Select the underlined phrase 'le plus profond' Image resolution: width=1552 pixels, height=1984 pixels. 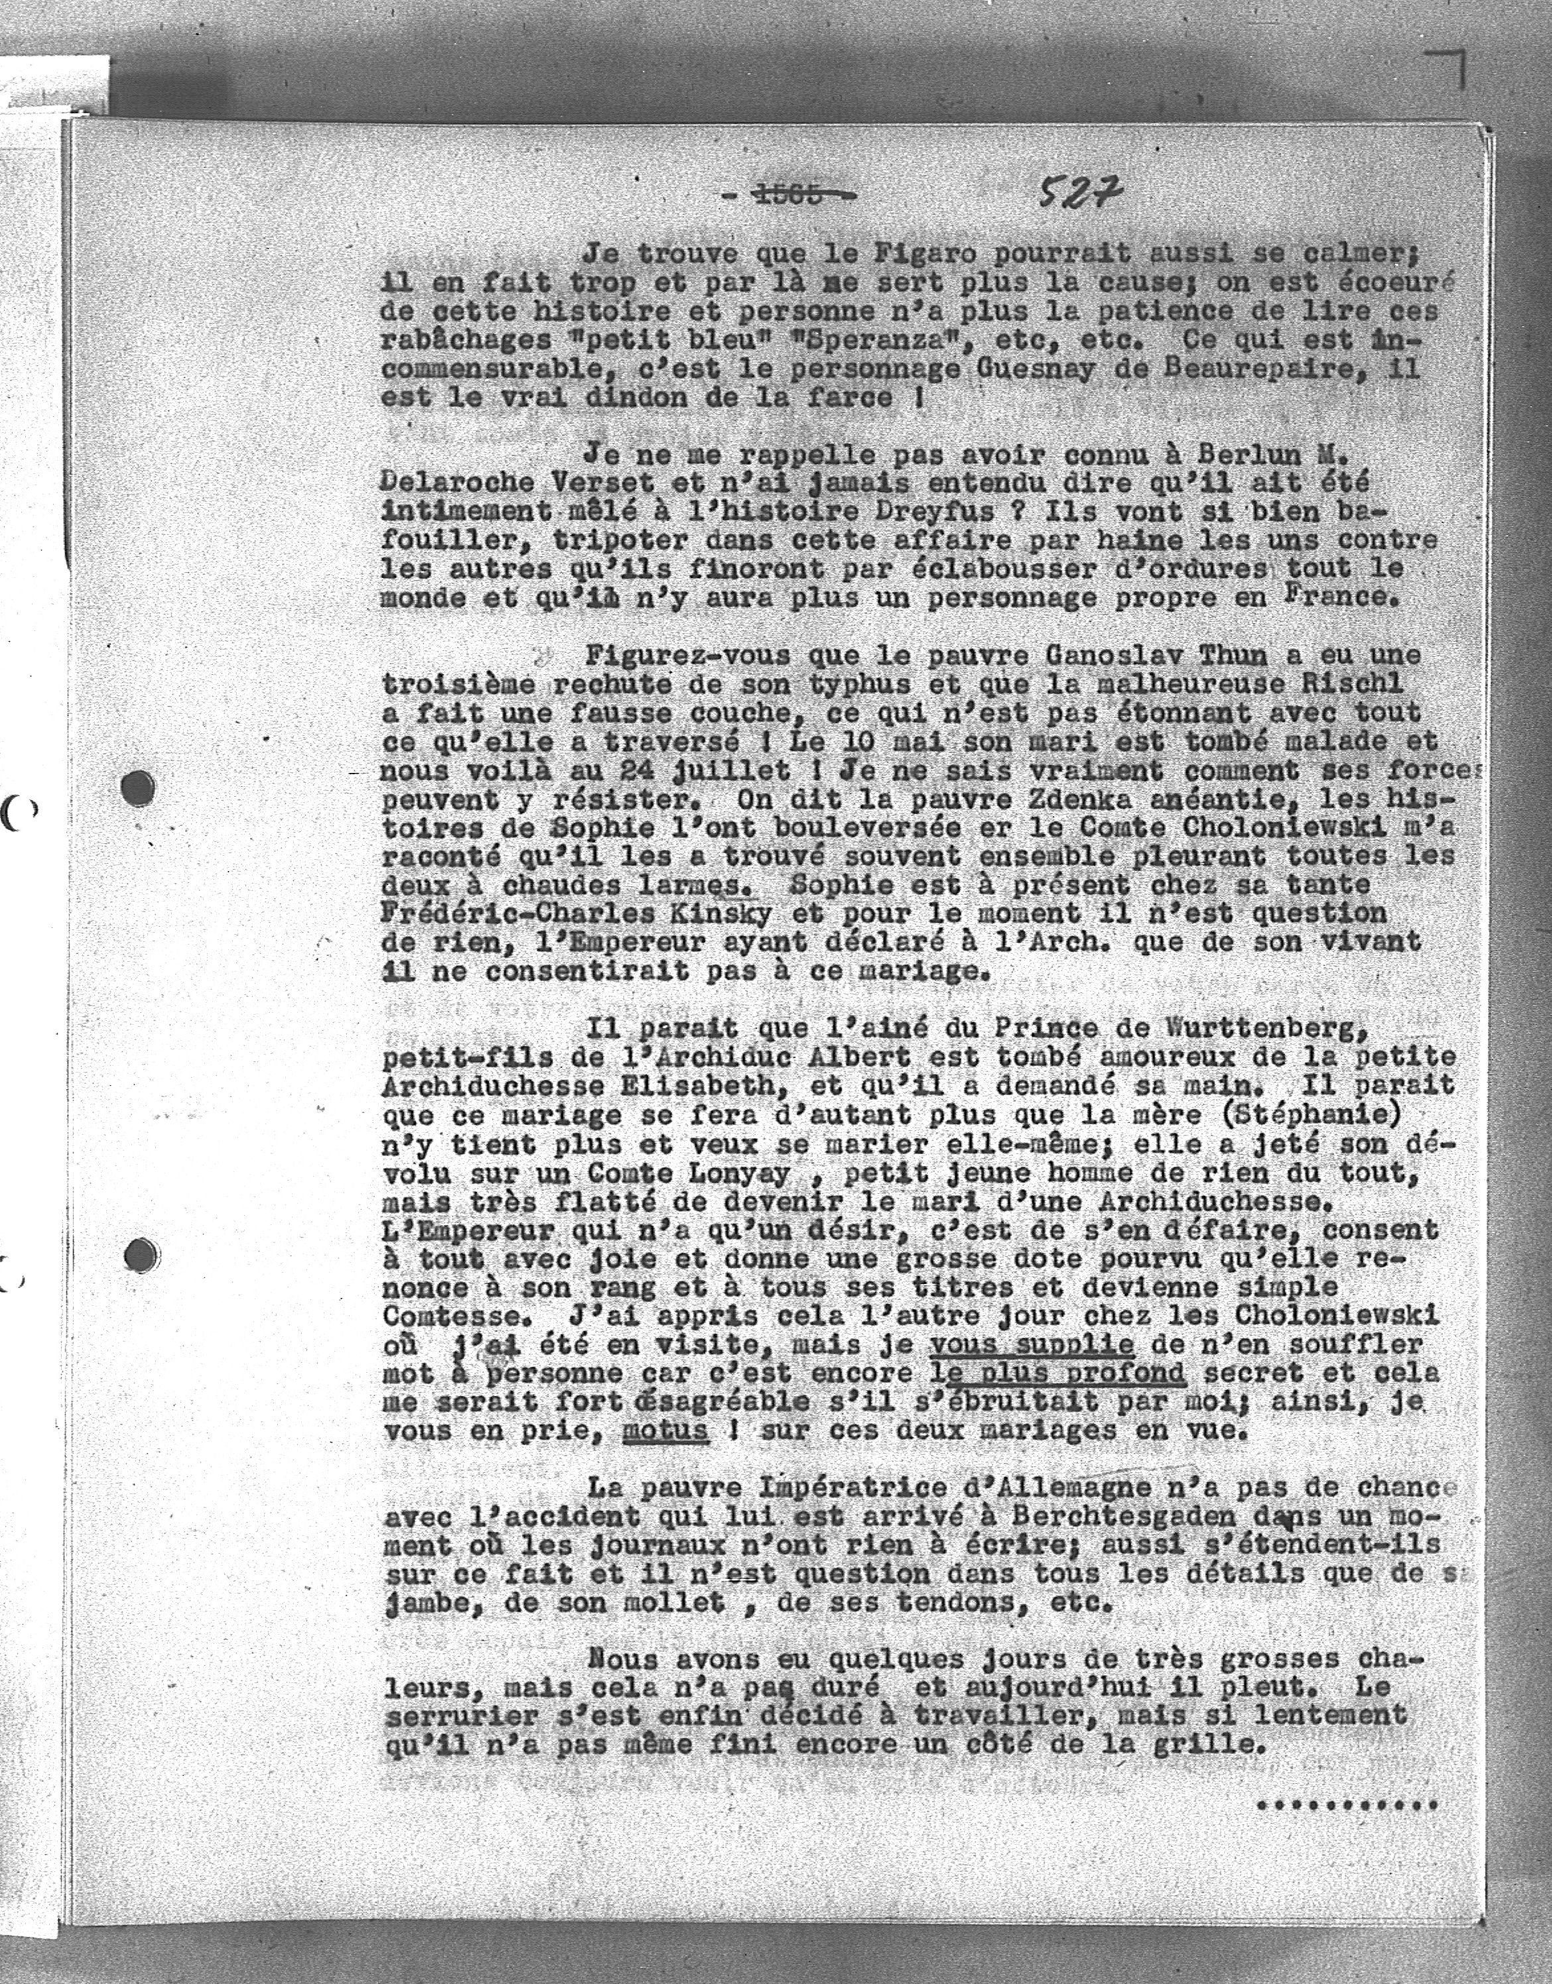click(1059, 1373)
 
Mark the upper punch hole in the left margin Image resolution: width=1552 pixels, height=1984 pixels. click(138, 788)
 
